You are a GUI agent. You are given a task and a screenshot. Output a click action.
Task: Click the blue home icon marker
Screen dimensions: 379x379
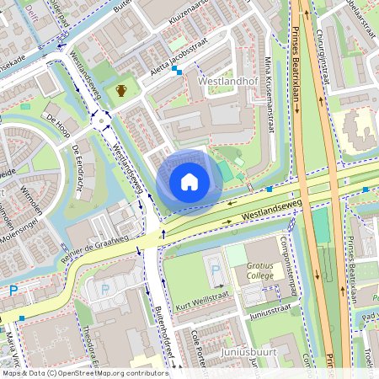click(189, 181)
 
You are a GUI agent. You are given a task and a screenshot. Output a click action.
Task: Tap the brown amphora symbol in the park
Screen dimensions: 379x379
click(122, 90)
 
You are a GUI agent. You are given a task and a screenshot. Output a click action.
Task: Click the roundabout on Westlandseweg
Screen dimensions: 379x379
click(102, 120)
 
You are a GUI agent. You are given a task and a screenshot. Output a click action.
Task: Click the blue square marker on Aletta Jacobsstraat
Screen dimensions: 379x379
click(178, 72)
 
